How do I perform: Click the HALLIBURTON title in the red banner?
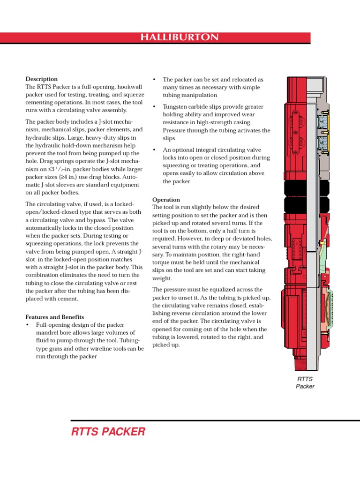click(x=180, y=37)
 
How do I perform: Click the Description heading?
click(x=41, y=79)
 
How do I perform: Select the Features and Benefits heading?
click(x=54, y=317)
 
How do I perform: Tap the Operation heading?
click(x=166, y=200)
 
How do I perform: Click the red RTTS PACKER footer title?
click(x=108, y=432)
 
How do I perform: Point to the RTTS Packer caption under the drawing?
click(x=305, y=382)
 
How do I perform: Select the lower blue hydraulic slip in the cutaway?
click(x=322, y=141)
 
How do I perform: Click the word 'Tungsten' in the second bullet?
click(x=174, y=107)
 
